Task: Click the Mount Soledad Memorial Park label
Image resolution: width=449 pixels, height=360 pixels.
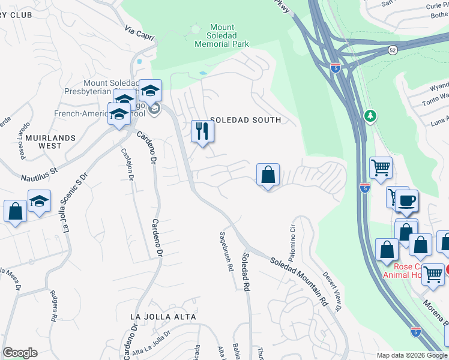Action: point(221,35)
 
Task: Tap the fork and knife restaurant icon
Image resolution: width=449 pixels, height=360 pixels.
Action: point(202,131)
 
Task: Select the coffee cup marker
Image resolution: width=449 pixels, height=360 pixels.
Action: point(406,200)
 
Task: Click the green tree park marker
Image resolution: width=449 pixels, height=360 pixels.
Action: point(370,115)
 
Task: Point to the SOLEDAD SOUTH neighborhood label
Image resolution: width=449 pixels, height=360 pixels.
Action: point(245,120)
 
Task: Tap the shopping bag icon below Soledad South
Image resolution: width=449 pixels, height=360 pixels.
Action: point(268,175)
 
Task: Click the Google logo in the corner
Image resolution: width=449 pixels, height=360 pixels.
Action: point(20,353)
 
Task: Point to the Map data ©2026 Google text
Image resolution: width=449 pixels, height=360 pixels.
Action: point(411,355)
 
